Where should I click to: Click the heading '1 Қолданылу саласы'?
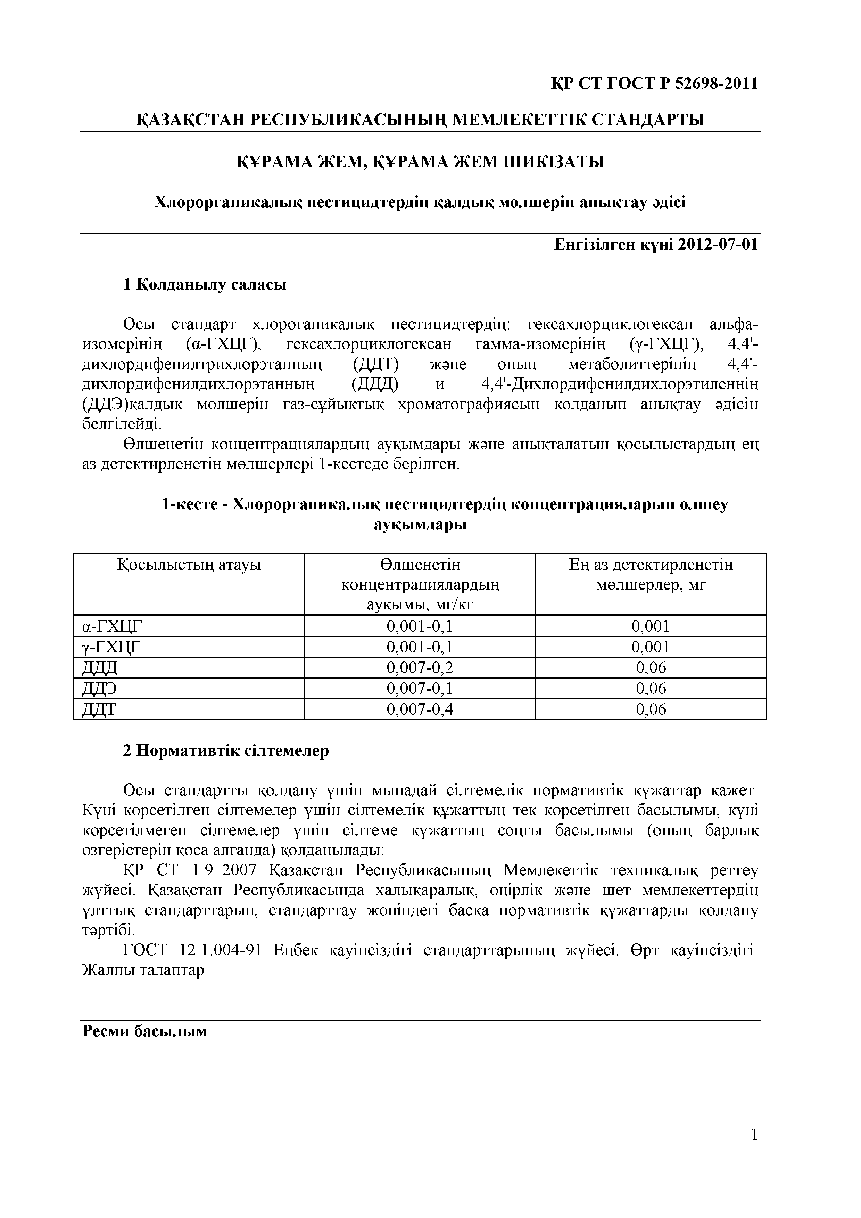pos(205,285)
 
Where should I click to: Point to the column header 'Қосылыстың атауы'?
pos(189,565)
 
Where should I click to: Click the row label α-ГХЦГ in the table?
pos(113,626)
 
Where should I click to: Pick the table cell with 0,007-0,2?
pos(420,668)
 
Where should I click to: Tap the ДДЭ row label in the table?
pos(100,689)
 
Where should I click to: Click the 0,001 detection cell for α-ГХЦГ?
pos(651,626)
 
